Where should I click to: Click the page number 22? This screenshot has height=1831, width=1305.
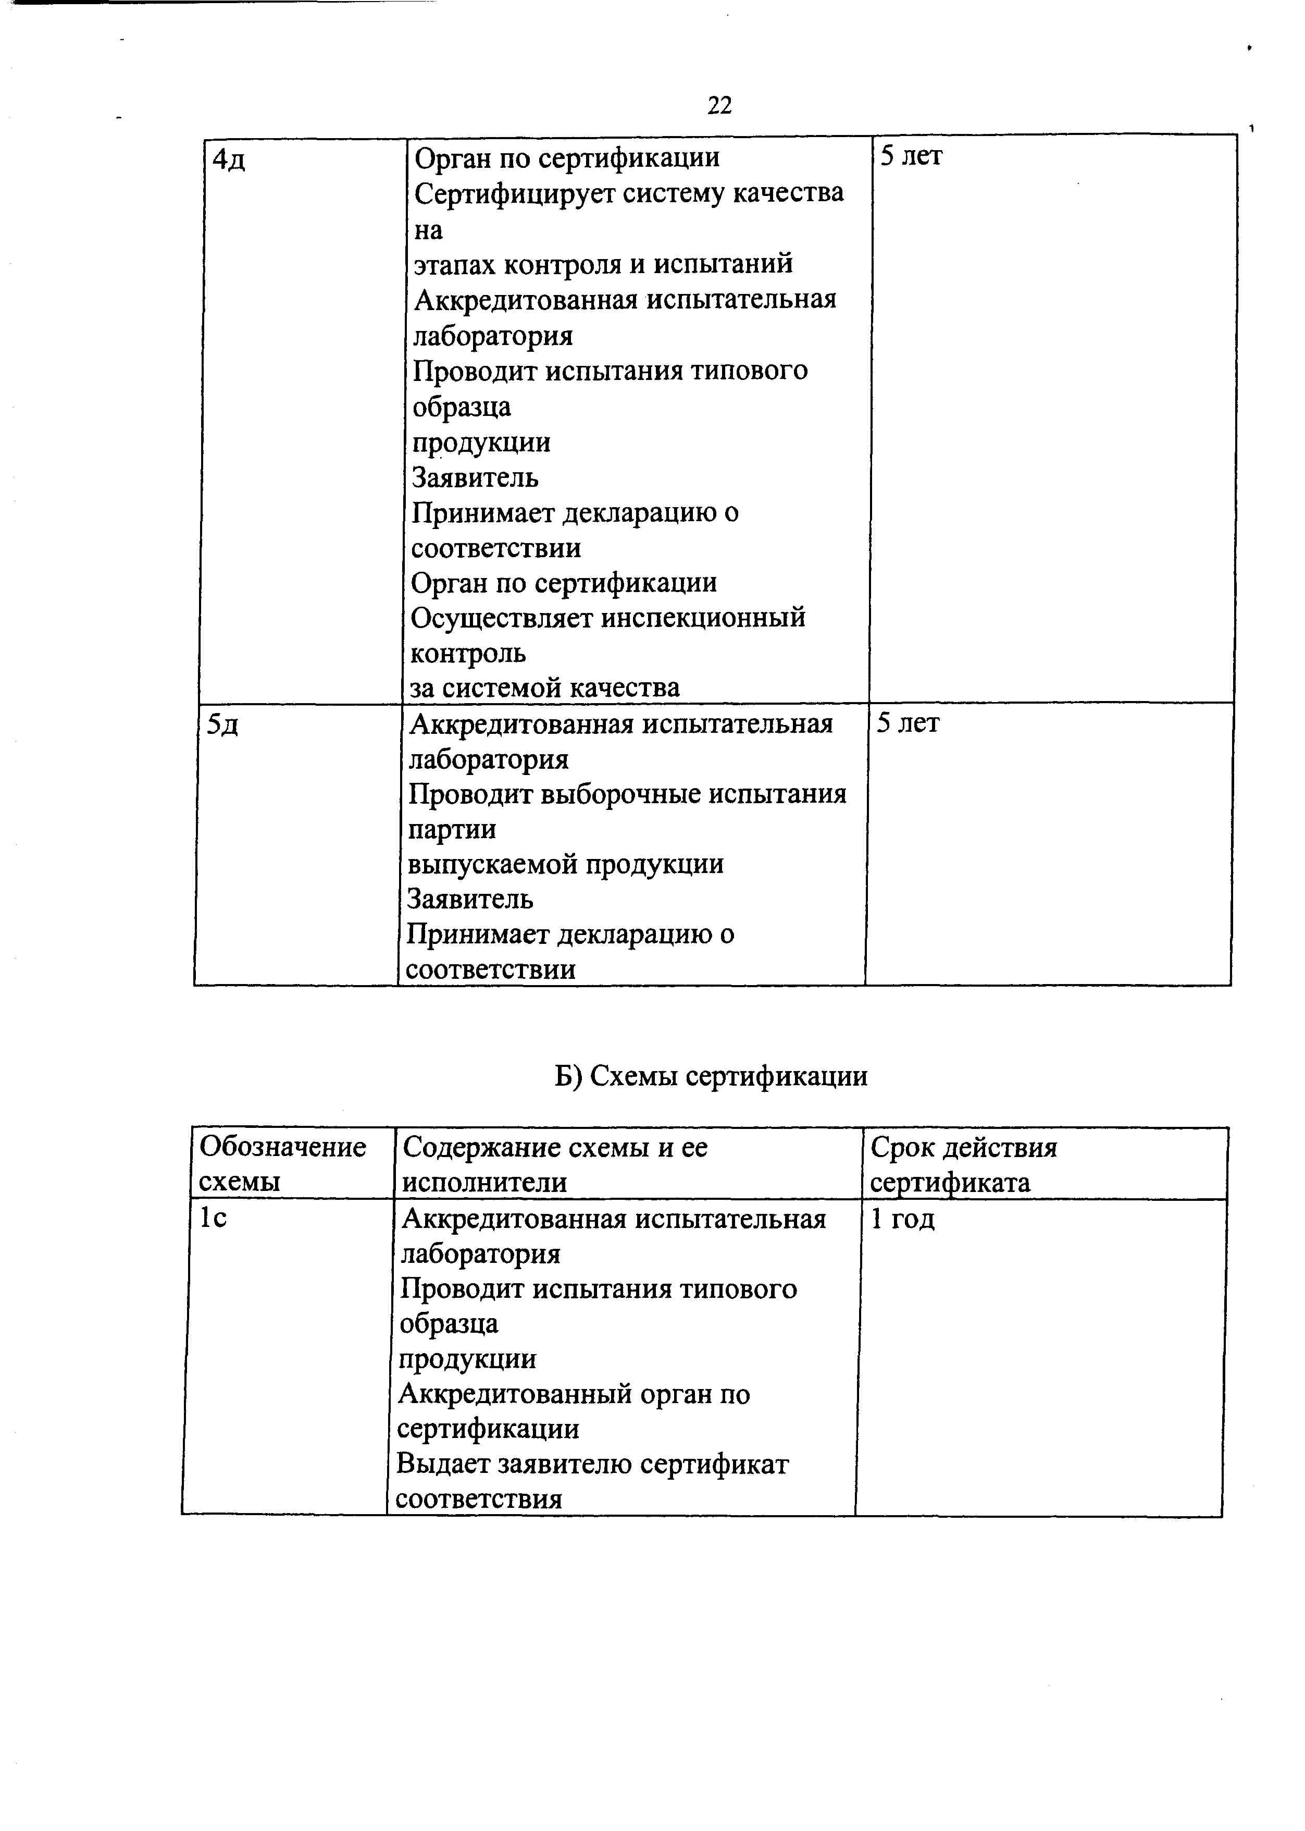(x=719, y=105)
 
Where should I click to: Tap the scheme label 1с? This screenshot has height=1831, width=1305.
(x=213, y=1219)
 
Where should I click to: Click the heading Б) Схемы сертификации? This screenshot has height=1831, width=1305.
(x=711, y=1075)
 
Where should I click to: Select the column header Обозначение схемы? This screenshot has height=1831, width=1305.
(x=282, y=1164)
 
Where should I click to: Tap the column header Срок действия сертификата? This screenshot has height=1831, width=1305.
(x=963, y=1164)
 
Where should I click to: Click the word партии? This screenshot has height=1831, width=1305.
(x=452, y=829)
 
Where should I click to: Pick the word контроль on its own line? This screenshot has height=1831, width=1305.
(x=468, y=654)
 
